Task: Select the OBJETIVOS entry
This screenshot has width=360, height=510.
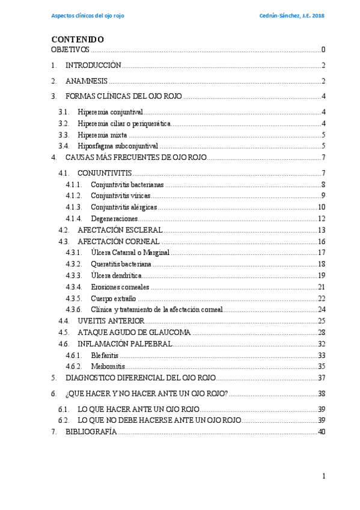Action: pos(70,49)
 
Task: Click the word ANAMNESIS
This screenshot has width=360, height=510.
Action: pos(87,81)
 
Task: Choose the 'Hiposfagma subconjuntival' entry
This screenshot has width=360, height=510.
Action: pos(118,146)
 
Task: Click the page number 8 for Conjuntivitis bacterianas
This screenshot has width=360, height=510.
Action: pos(323,185)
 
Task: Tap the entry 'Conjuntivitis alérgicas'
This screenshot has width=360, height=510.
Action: pos(124,207)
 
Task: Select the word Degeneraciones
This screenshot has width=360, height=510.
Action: pos(114,218)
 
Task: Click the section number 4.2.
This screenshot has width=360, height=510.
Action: pos(64,230)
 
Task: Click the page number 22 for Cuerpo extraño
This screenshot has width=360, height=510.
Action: pos(321,298)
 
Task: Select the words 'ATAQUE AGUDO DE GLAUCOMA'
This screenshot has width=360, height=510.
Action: pos(134,332)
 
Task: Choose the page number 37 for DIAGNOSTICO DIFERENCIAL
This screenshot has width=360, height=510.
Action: pos(321,378)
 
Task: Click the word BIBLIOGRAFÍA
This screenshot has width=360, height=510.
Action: pos(91,432)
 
